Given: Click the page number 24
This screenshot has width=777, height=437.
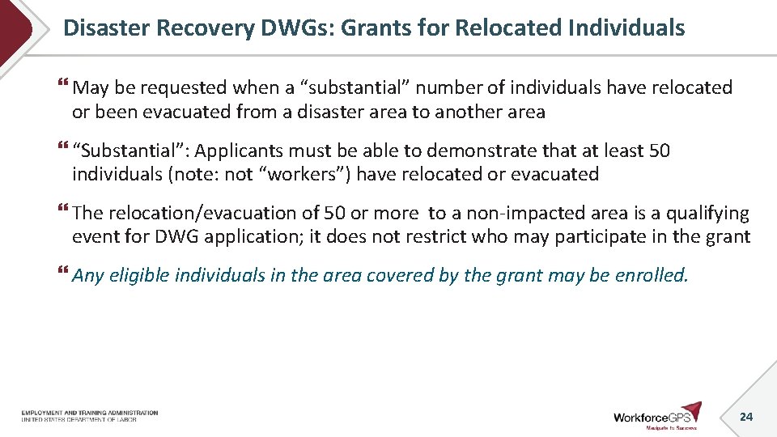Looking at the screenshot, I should click(x=746, y=416).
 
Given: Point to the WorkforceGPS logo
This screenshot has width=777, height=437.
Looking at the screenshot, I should click(x=657, y=415).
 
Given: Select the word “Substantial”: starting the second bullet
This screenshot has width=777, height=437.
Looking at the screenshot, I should click(x=130, y=151).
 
